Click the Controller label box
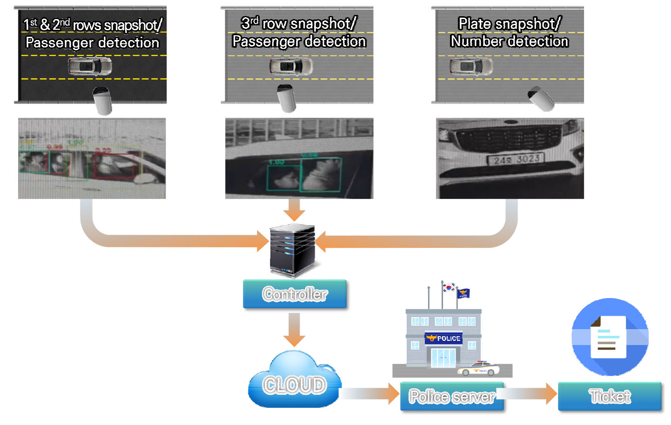[x=295, y=294]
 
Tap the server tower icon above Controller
[x=292, y=250]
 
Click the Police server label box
[x=452, y=396]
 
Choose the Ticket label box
[x=610, y=396]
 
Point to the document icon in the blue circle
[x=609, y=337]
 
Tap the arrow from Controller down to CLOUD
[x=294, y=329]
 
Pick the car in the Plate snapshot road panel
[x=471, y=66]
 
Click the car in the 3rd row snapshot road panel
[x=291, y=66]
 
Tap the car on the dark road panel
[x=90, y=66]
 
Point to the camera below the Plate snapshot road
[x=541, y=99]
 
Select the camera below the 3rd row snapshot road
[x=287, y=99]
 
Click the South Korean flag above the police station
[x=449, y=287]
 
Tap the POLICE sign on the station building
[x=443, y=338]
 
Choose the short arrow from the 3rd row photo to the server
[x=294, y=210]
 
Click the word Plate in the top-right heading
[x=475, y=24]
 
